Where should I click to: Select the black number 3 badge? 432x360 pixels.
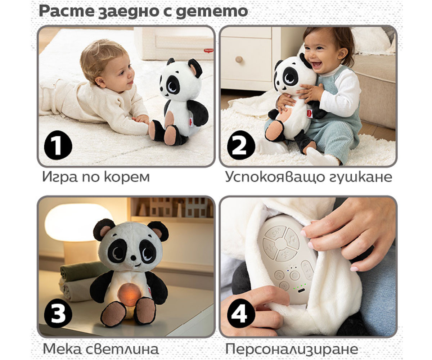(58, 313)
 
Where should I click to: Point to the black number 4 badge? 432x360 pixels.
(241, 313)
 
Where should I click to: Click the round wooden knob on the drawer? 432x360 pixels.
(239, 59)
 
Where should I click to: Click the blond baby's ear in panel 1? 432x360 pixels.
(100, 82)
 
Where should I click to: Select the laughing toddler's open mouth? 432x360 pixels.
(317, 64)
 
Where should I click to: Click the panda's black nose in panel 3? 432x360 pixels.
(134, 258)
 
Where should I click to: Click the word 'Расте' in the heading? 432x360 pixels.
(66, 11)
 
